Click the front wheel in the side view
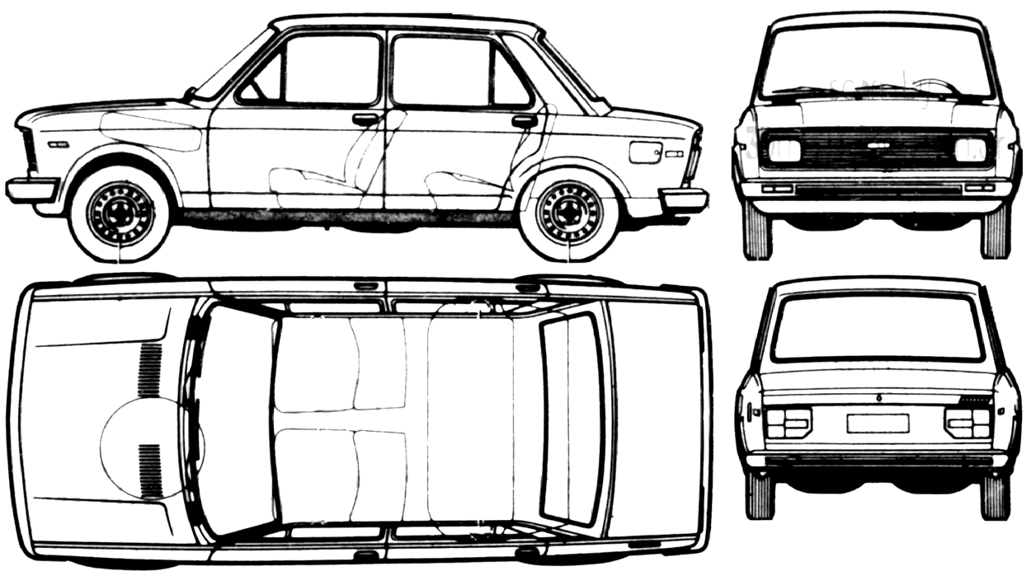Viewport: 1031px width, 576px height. click(x=120, y=213)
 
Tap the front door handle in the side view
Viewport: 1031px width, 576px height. click(x=365, y=119)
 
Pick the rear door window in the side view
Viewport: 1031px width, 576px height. click(x=454, y=73)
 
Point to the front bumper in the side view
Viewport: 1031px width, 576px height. click(x=31, y=190)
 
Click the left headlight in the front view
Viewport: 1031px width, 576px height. click(x=784, y=150)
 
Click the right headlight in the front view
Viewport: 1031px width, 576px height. click(x=971, y=150)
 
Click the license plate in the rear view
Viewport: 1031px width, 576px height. click(x=878, y=423)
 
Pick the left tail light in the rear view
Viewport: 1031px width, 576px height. click(x=788, y=423)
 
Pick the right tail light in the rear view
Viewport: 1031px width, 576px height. click(x=967, y=423)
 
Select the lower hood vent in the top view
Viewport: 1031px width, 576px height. click(x=150, y=471)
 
